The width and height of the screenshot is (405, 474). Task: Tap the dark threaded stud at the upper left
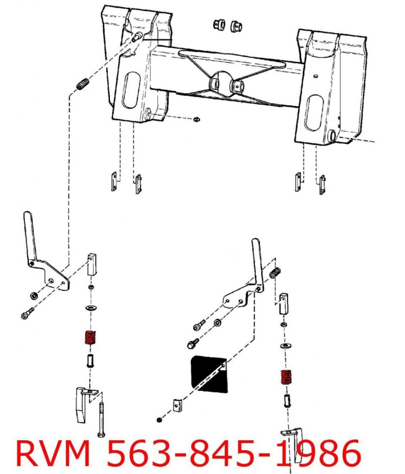82,85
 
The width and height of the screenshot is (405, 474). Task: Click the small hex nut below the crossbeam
196,119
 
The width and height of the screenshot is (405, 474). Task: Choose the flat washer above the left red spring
90,308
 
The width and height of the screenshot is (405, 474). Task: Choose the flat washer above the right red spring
284,346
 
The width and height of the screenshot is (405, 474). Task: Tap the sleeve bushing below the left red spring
90,360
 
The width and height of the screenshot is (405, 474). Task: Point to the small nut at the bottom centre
159,420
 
